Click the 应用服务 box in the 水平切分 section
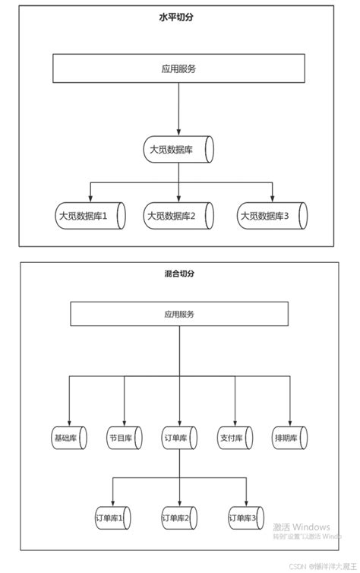click(178, 68)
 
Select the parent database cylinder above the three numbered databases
click(178, 150)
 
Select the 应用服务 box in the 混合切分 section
click(179, 314)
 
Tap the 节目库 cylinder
click(124, 438)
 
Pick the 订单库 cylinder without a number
click(179, 438)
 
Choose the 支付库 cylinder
click(235, 438)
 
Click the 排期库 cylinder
click(289, 438)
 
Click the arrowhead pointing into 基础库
click(69, 422)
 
